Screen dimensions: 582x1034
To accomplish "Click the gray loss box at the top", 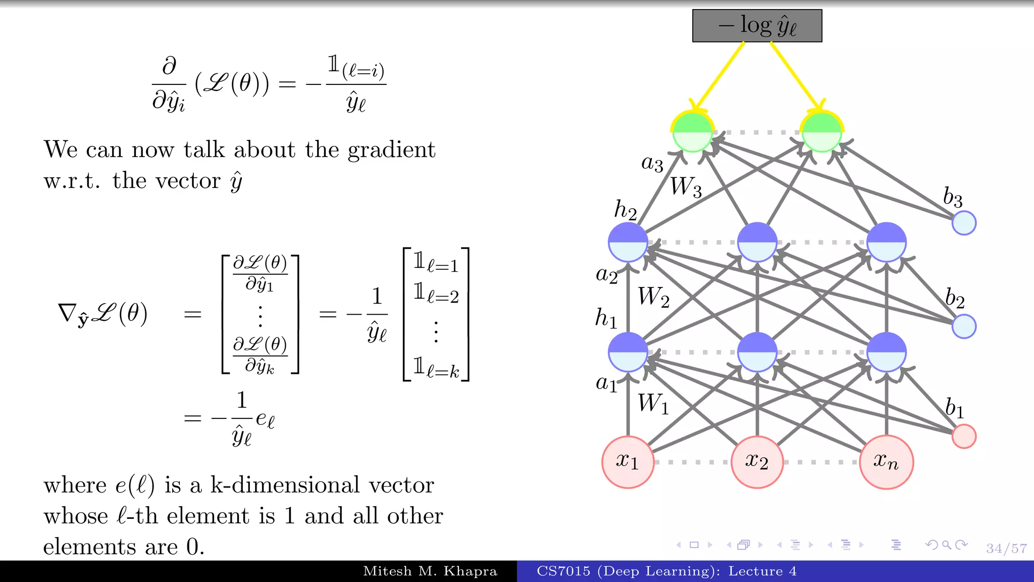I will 757,26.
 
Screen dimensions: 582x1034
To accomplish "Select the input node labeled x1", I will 628,462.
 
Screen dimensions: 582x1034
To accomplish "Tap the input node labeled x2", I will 757,462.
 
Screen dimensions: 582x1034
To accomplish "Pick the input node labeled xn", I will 886,462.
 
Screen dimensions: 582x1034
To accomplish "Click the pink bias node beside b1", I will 964,437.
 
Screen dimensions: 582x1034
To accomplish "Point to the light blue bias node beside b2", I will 964,326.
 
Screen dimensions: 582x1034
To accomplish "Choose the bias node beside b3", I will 964,223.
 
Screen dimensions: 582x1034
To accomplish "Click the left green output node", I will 693,132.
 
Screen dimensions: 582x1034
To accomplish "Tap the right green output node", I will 822,132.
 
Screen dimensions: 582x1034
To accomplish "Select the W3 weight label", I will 686,187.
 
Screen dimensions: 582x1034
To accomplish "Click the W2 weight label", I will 653,297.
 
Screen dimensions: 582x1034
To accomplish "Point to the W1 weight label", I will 653,404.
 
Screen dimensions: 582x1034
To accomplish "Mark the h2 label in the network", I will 625,210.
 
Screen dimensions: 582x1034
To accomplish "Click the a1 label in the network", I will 606,383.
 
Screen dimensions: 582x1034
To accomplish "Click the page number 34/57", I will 1006,548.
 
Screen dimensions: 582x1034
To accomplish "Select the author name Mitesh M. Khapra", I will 430,571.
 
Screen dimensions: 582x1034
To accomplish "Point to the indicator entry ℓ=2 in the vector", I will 436,294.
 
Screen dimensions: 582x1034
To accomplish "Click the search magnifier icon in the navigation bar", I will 947,545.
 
